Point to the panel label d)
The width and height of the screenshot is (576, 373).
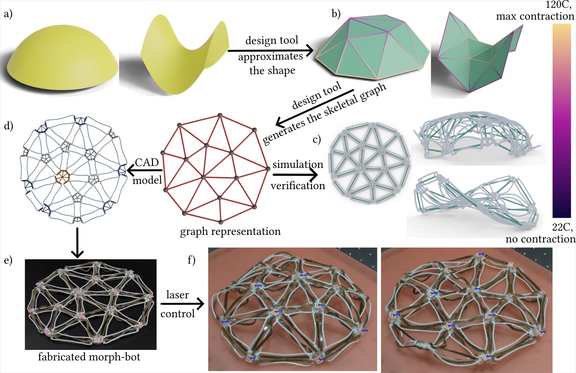[8, 126]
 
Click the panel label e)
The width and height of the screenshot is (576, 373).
[8, 260]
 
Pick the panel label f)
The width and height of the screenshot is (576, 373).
[191, 260]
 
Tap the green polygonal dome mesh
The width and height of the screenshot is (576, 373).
[372, 50]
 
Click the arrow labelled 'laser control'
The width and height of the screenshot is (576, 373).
[182, 304]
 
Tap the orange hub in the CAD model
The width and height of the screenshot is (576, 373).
[63, 176]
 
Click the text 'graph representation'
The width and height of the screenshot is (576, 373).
[230, 232]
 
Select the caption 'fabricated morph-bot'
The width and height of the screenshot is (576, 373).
[89, 357]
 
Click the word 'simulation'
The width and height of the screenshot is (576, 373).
[298, 164]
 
